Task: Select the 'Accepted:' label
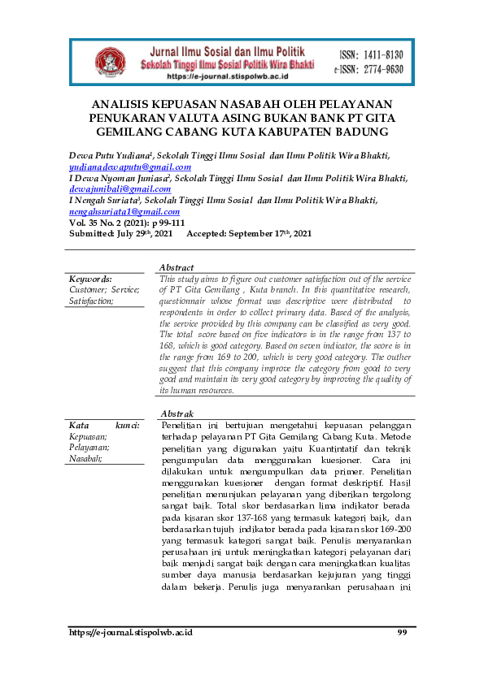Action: coord(213,233)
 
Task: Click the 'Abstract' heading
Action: coord(177,267)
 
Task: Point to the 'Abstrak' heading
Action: coord(177,413)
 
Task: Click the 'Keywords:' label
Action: coord(90,279)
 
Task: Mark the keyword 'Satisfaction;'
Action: coord(91,301)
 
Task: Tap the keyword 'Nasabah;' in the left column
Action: coord(85,458)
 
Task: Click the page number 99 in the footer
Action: coord(402,632)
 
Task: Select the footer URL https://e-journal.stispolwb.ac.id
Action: coord(130,632)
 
